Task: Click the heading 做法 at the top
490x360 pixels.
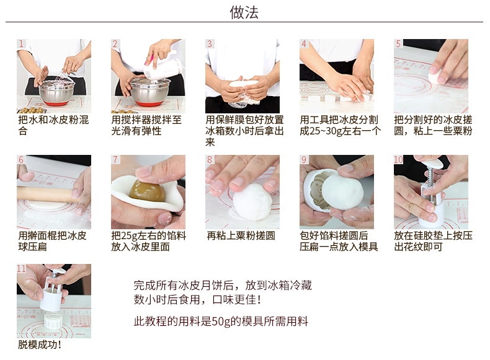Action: [x=244, y=12]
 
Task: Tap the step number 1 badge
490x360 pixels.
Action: [x=21, y=43]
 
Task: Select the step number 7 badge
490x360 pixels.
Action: [x=115, y=159]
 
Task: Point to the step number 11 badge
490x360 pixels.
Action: [x=21, y=268]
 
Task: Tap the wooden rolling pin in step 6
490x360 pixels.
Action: [x=47, y=193]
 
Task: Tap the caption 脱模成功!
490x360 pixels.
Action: [x=39, y=345]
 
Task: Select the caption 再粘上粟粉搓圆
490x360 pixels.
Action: [x=241, y=235]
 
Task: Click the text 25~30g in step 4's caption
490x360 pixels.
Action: [x=320, y=131]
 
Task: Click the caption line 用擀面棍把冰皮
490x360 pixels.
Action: [x=52, y=235]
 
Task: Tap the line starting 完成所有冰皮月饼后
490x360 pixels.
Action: [x=223, y=286]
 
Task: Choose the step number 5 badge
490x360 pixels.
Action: [x=398, y=43]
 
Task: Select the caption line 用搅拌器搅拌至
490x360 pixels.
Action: [x=146, y=120]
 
